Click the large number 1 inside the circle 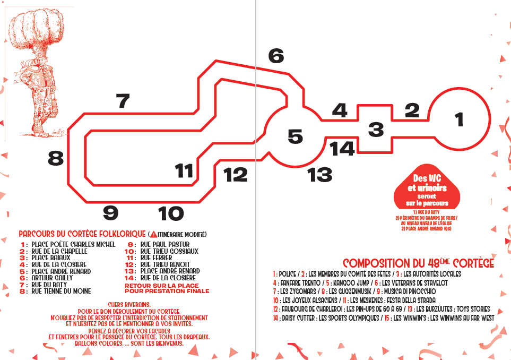[x=459, y=119]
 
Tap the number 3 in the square [x=376, y=129]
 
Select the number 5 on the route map [x=295, y=136]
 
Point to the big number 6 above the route [x=276, y=56]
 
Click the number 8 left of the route [x=56, y=158]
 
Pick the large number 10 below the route [x=171, y=213]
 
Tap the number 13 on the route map [x=319, y=175]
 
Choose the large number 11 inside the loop [x=184, y=170]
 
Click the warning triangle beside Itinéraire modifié [x=153, y=235]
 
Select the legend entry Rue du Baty [x=49, y=285]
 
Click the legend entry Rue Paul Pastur [x=165, y=244]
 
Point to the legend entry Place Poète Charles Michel [x=73, y=244]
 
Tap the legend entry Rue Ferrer [x=156, y=258]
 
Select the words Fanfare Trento [x=300, y=282]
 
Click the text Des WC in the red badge [x=427, y=178]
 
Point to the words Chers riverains [x=129, y=305]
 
